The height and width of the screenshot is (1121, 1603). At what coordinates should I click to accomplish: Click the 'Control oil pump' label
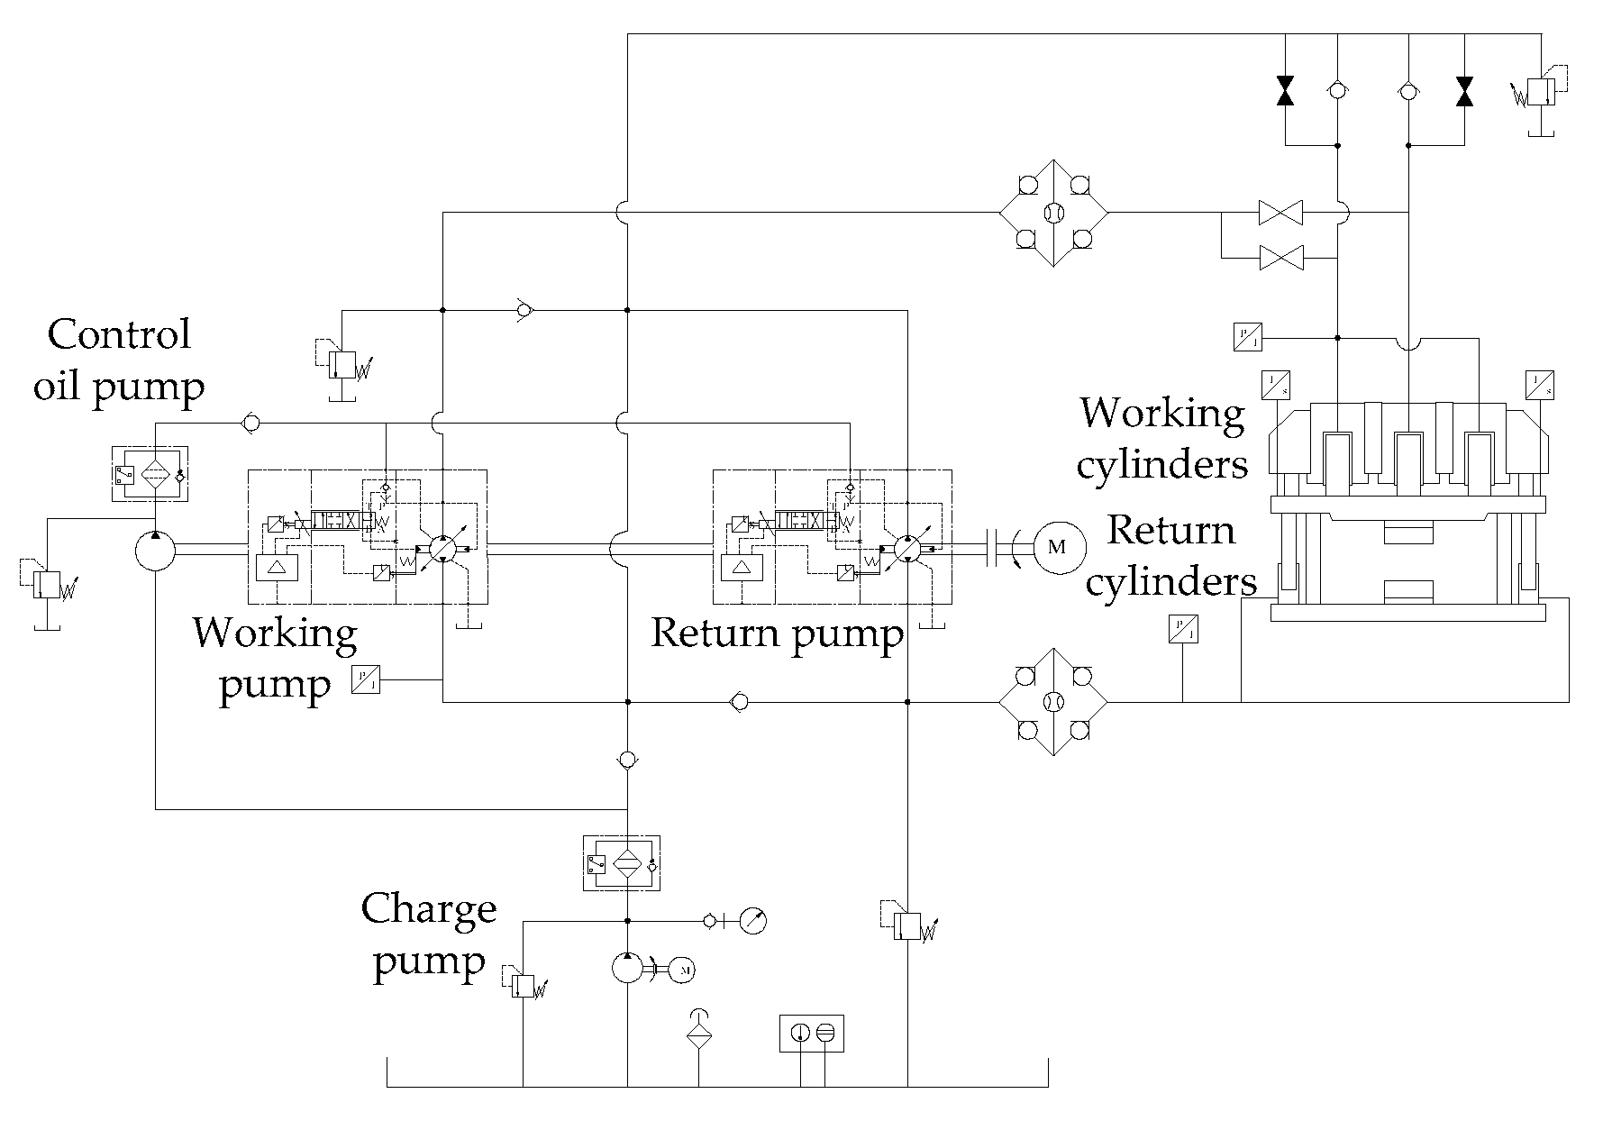tap(119, 360)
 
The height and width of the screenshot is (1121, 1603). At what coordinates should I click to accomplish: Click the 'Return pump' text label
tap(777, 633)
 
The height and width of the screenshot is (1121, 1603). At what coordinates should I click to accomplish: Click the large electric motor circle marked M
tap(1058, 547)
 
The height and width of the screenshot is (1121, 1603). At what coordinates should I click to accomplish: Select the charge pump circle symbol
tap(628, 969)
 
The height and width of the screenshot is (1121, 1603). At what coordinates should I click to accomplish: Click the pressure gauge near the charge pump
tap(752, 921)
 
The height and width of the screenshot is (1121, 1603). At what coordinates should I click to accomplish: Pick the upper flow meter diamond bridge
tap(1053, 214)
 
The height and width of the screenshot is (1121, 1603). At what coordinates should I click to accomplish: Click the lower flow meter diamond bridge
tap(1053, 701)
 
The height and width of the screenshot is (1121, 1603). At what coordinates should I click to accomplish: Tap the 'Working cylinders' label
tap(1162, 439)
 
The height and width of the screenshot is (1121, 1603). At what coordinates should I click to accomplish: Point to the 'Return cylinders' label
tap(1170, 555)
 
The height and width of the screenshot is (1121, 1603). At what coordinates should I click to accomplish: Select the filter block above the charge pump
tap(622, 863)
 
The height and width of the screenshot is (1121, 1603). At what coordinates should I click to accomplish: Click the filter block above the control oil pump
tap(149, 473)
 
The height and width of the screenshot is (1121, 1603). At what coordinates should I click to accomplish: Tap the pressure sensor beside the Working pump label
tap(367, 679)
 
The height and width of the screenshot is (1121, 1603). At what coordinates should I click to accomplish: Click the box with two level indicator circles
tap(812, 1034)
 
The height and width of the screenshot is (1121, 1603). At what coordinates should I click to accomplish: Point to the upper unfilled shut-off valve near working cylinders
tap(1280, 214)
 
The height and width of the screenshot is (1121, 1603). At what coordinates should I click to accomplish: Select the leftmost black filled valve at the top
tap(1285, 91)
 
